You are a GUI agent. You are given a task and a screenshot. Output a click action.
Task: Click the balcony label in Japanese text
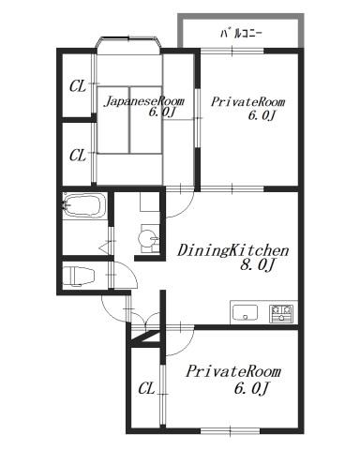242,34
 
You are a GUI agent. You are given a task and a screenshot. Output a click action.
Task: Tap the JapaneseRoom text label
143,101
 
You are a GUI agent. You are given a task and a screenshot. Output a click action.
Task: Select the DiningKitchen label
232,250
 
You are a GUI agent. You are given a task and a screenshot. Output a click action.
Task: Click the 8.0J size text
257,265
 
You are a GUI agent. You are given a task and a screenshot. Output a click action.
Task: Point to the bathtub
83,205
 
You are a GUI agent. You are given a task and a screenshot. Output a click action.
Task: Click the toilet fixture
79,277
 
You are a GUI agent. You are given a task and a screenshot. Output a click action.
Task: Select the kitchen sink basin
246,313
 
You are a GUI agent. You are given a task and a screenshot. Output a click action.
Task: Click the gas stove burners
281,313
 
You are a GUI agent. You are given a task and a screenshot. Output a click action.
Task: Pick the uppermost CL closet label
78,86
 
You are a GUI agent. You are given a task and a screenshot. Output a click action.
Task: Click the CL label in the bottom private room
146,389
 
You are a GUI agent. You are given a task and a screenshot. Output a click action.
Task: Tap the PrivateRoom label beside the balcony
247,102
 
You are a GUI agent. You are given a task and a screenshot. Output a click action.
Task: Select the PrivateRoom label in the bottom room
233,371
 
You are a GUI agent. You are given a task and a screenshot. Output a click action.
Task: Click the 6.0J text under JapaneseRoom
161,112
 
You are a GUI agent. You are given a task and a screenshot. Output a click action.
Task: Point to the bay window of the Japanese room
128,43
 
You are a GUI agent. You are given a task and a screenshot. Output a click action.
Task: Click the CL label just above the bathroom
78,155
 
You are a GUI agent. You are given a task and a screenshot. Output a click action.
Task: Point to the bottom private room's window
230,431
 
